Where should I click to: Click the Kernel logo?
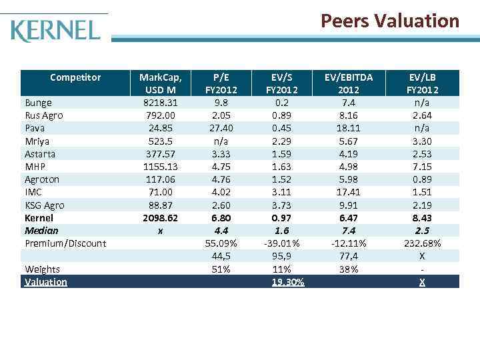(56, 30)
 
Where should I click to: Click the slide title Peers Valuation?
(390, 21)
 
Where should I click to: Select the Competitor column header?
(75, 77)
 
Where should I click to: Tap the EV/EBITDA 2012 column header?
(349, 83)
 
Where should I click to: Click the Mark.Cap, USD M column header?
(161, 83)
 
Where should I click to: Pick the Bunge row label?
(38, 103)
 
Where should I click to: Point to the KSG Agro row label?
(45, 205)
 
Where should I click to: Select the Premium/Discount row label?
(65, 243)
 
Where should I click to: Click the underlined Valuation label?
(46, 282)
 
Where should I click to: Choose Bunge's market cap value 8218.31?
(161, 103)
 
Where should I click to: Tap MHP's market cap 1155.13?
(161, 167)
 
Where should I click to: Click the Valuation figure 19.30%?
(288, 282)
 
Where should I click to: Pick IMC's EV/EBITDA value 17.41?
(349, 193)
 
